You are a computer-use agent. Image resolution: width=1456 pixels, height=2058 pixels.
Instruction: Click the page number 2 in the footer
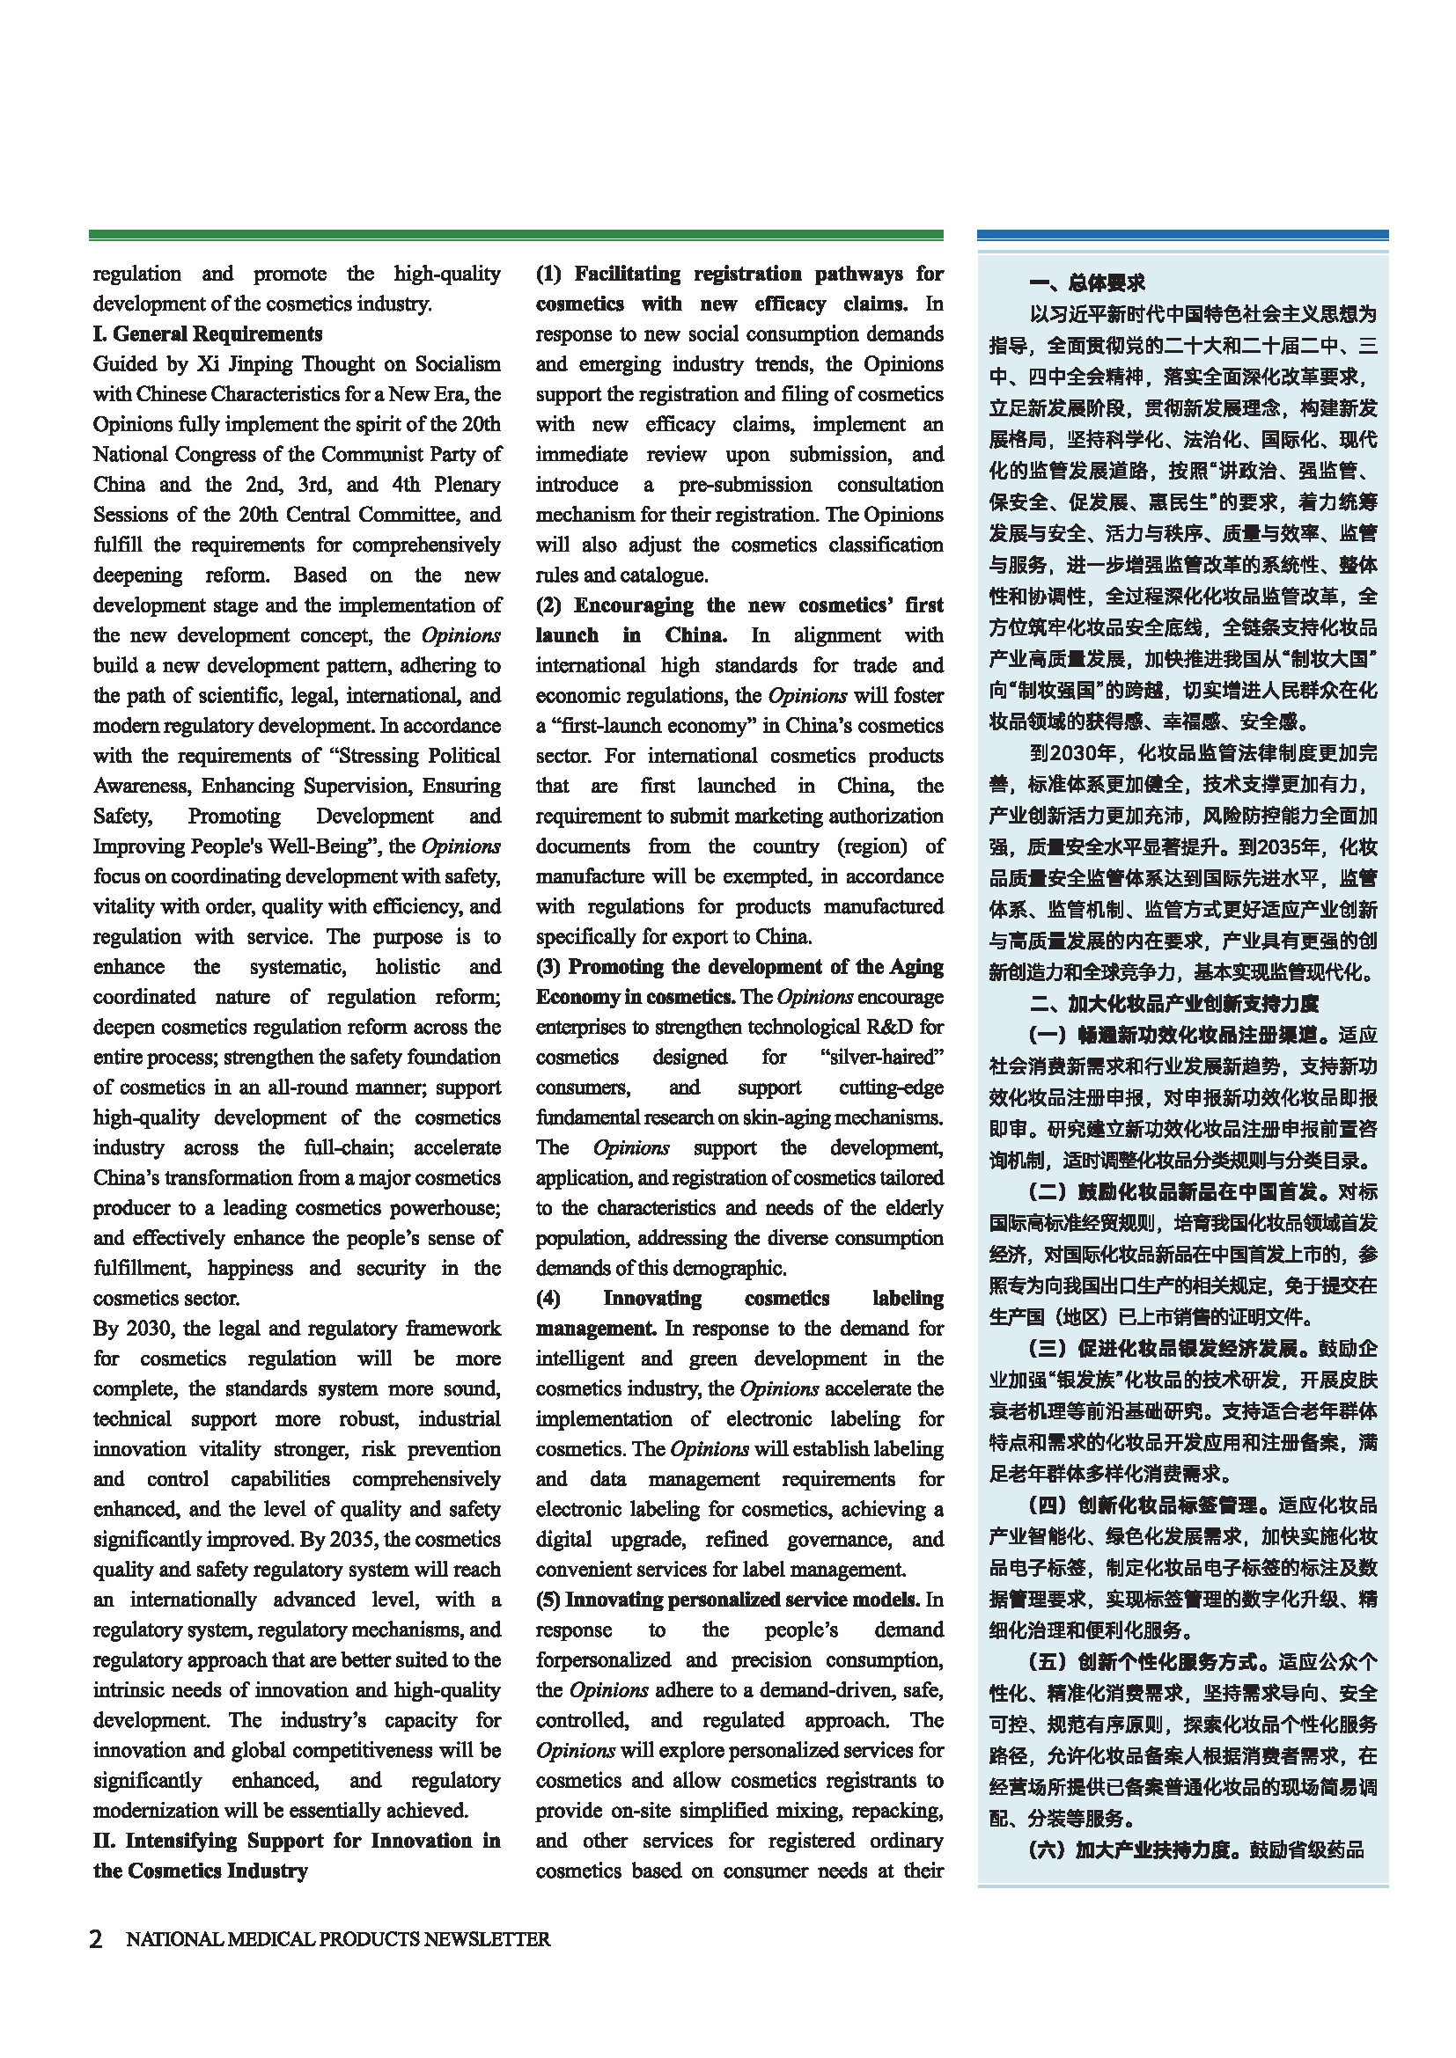(96, 1939)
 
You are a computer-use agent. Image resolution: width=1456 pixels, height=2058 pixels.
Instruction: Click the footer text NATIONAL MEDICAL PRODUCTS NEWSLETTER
(338, 1939)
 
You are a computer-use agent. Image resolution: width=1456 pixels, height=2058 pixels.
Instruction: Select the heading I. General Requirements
(207, 333)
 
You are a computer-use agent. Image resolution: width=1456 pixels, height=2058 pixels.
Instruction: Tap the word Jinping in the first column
(258, 364)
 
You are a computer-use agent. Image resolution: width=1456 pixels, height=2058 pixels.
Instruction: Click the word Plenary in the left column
(467, 484)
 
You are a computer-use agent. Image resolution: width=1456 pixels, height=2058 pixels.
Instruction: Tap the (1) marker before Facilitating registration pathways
(548, 274)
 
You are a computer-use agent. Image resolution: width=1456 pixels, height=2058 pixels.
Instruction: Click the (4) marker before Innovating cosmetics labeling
(548, 1298)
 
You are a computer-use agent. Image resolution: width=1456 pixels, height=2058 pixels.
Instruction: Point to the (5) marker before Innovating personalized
(548, 1599)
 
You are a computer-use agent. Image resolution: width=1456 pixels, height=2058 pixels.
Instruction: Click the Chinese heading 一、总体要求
(1086, 283)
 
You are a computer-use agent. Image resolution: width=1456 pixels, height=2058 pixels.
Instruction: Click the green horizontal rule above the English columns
(516, 235)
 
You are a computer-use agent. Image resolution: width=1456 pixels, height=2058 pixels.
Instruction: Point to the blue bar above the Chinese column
(1181, 235)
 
